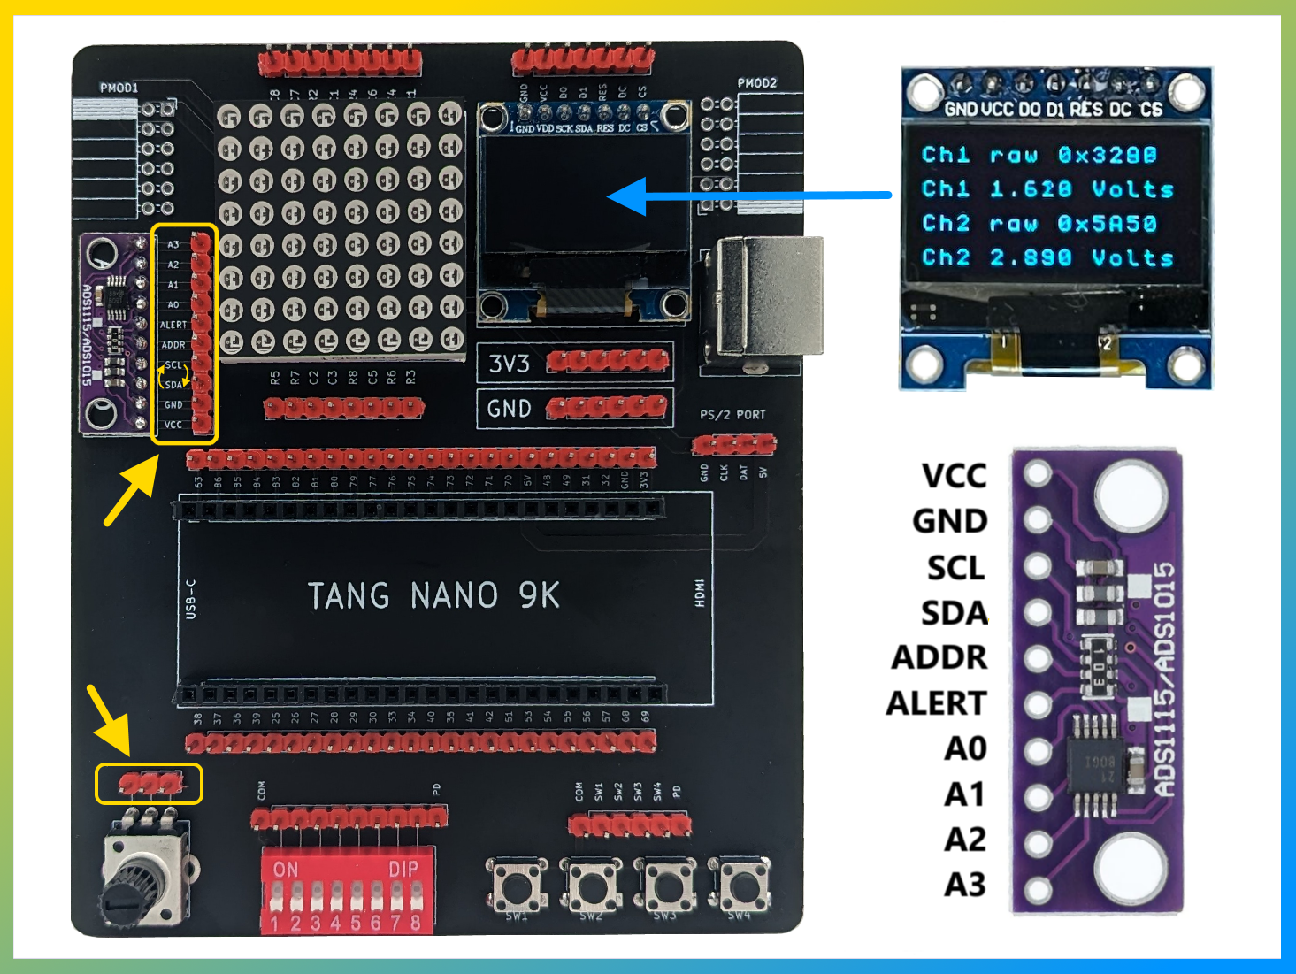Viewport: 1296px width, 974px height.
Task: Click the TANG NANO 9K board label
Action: click(x=433, y=596)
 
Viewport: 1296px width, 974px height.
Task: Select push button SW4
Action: click(x=741, y=886)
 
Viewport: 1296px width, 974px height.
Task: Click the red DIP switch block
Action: click(x=348, y=890)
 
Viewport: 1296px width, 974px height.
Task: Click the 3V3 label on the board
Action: click(x=510, y=364)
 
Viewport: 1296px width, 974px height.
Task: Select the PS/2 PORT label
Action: click(x=732, y=414)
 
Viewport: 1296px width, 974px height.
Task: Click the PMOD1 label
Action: click(x=119, y=88)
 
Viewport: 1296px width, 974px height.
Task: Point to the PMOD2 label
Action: click(x=757, y=82)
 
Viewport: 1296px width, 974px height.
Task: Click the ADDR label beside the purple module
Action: click(x=939, y=658)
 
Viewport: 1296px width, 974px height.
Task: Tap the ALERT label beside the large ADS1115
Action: click(x=936, y=703)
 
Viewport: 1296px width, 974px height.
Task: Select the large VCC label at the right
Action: click(x=954, y=476)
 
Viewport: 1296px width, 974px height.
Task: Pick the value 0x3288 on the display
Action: click(x=1108, y=156)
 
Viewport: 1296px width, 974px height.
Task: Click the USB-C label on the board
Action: click(x=191, y=598)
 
